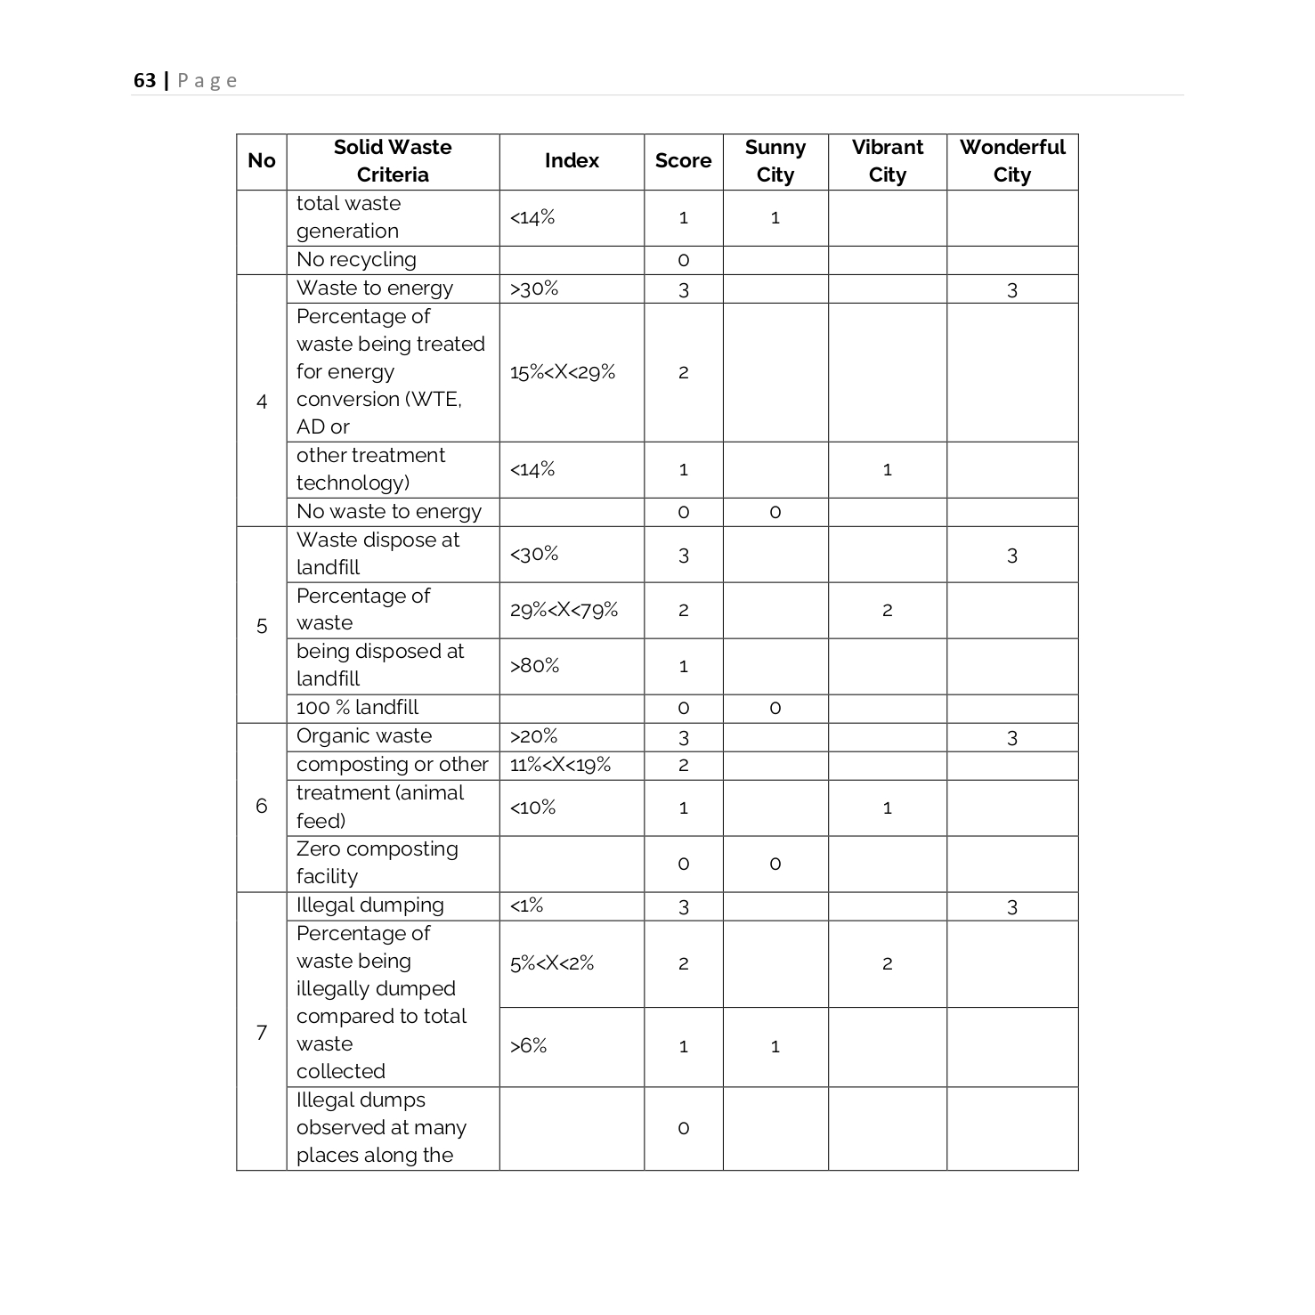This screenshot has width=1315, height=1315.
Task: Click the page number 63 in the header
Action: pyautogui.click(x=144, y=81)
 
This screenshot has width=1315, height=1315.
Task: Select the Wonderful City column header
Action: pyautogui.click(x=1011, y=161)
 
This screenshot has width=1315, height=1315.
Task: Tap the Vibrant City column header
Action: pyautogui.click(x=887, y=161)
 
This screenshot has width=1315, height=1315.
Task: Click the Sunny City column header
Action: pyautogui.click(x=775, y=161)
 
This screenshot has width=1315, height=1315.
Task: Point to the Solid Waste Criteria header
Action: pyautogui.click(x=393, y=161)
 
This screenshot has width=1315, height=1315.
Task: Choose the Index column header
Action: pyautogui.click(x=572, y=161)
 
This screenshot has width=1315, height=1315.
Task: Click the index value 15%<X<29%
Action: pyautogui.click(x=563, y=372)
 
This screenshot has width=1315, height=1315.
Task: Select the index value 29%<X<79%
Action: pyautogui.click(x=564, y=610)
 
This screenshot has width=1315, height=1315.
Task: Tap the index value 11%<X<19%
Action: pyautogui.click(x=560, y=765)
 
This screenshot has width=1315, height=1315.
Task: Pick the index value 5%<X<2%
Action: pyautogui.click(x=552, y=963)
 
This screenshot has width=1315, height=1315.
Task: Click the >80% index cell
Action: pyautogui.click(x=534, y=666)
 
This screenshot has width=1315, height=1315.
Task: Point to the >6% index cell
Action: pyautogui.click(x=529, y=1046)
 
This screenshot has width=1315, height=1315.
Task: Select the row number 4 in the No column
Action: pyautogui.click(x=262, y=402)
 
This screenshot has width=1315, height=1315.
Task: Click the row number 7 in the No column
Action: pyautogui.click(x=262, y=1032)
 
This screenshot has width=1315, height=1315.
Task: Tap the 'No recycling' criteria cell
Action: pyautogui.click(x=356, y=260)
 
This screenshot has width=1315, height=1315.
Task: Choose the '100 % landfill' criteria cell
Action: pyautogui.click(x=357, y=708)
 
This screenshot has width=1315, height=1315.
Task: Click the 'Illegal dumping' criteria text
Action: pyautogui.click(x=369, y=905)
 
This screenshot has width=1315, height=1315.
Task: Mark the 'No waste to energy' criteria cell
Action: pyautogui.click(x=388, y=512)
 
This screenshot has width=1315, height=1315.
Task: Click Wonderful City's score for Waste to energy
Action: pyautogui.click(x=1011, y=289)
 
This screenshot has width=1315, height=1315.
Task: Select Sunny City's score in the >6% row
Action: pyautogui.click(x=775, y=1046)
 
